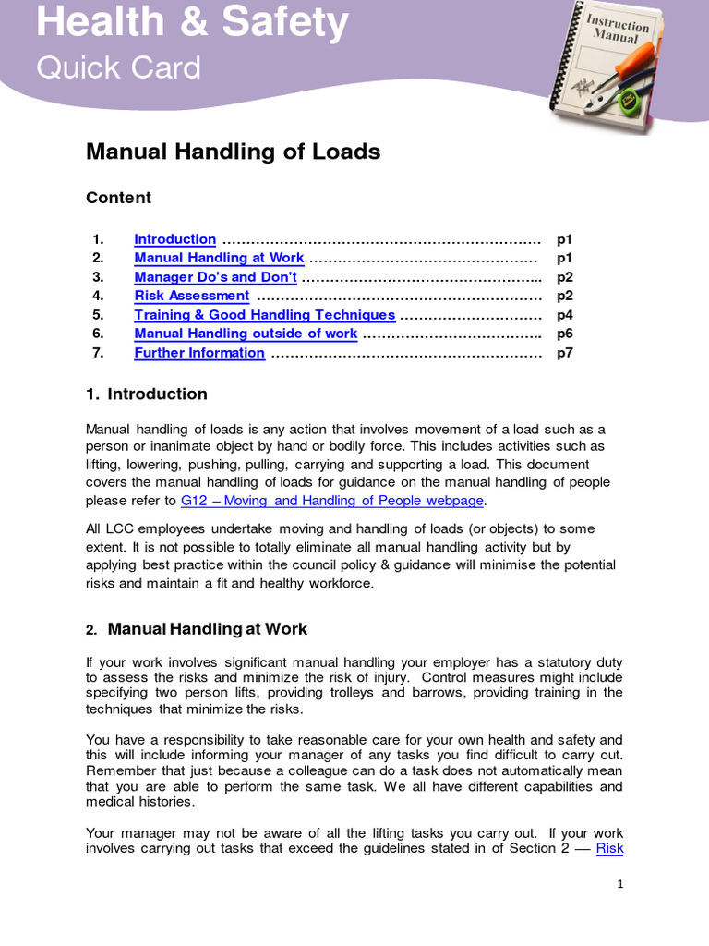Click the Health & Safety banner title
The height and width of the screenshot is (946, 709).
coord(192,22)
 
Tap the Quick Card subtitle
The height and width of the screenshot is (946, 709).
coord(117,67)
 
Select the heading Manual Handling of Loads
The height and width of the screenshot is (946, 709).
coord(233,152)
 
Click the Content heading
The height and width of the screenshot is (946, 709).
coord(118,198)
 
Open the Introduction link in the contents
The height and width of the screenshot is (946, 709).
coord(174,239)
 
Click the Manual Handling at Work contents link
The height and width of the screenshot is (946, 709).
coord(219,258)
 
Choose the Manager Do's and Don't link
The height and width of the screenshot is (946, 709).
coord(215,277)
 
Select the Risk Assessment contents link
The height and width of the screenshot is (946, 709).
coord(191,296)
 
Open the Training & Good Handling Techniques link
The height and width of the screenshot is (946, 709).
coord(264,315)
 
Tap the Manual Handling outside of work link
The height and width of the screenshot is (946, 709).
coord(246,334)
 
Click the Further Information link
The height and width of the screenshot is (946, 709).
coord(199,353)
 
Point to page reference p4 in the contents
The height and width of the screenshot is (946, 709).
coord(564,315)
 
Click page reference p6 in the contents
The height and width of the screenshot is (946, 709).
coord(564,334)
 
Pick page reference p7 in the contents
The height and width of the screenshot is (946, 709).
coord(564,353)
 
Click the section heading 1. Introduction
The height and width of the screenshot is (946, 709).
coord(147,394)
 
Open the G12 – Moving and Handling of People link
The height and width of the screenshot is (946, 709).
coord(331,501)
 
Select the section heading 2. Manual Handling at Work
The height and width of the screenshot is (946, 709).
coord(197,629)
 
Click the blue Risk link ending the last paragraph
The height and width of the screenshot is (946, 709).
coord(609,848)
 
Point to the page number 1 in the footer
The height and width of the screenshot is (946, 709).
coord(620,884)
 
